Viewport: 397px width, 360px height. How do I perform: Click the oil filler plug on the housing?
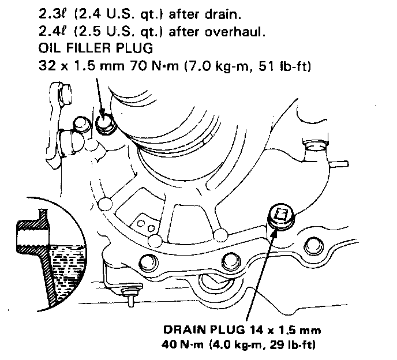coord(105,123)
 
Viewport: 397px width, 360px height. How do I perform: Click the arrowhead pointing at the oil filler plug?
coord(102,114)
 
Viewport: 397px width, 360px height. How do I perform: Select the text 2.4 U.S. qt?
coord(115,12)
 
